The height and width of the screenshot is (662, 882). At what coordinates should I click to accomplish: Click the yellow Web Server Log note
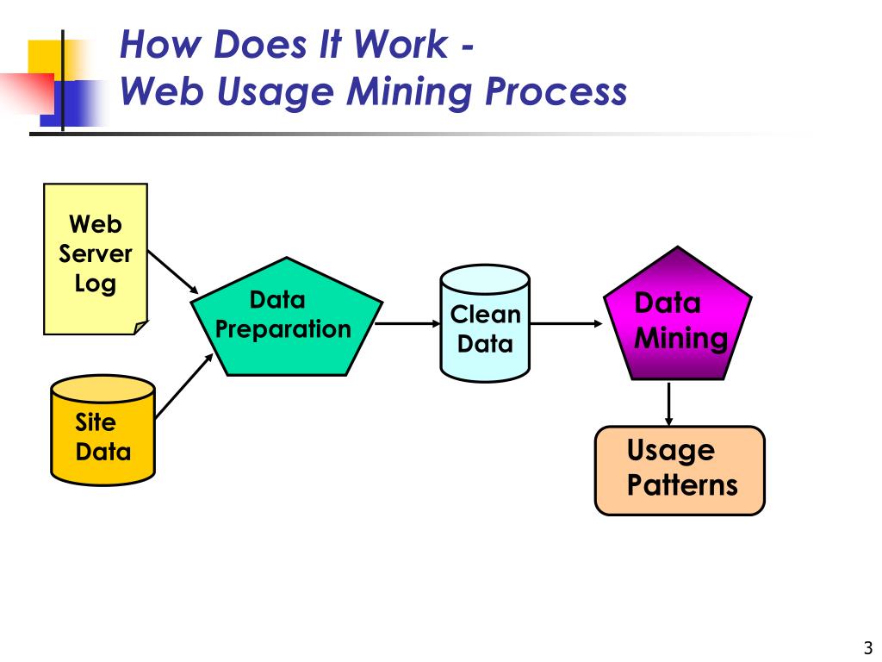coord(95,259)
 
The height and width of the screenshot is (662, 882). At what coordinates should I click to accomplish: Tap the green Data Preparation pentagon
coord(285,319)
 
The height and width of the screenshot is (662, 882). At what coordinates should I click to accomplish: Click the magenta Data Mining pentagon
coord(679,319)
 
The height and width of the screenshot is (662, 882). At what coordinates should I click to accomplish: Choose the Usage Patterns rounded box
coord(680,470)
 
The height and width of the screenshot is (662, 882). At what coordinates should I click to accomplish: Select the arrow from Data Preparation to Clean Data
coord(408,323)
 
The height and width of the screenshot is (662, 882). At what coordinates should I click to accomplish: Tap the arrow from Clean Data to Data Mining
coord(567,323)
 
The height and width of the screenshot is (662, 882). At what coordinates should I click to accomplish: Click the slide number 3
coord(867,647)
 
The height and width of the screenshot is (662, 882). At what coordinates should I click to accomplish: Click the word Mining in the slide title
coord(408,91)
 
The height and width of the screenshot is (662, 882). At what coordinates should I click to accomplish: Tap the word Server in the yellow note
coord(95,253)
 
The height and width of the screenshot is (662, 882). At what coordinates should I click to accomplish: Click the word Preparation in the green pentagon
coord(283,329)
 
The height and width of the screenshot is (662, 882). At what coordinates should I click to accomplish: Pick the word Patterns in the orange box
coord(681,485)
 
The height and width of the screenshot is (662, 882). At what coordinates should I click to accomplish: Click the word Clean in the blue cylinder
coord(485,314)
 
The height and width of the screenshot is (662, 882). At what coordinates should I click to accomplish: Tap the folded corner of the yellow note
coord(140,327)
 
